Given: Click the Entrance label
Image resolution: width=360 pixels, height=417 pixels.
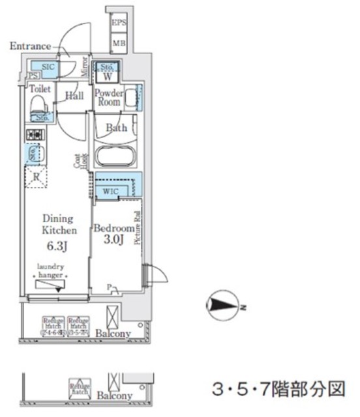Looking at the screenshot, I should point(30,46).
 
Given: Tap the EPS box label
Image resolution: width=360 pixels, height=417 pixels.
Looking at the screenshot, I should point(119,23).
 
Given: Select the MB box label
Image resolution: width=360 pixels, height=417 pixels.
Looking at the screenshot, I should point(119,44).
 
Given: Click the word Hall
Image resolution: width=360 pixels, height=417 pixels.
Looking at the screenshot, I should point(74,96).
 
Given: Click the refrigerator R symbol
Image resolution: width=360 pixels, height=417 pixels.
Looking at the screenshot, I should point(36,175).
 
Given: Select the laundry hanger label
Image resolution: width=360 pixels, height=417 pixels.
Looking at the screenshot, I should point(51,270).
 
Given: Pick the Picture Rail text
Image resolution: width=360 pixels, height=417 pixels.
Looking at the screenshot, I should point(138,229).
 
